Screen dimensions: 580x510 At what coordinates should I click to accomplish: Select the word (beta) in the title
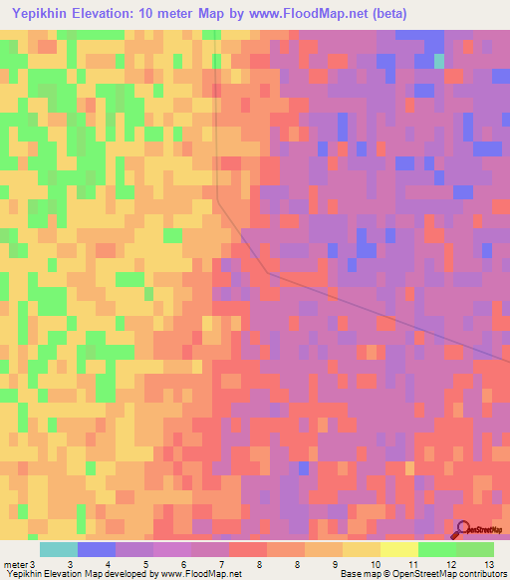[x=385, y=12]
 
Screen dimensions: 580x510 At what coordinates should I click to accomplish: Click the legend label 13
[x=488, y=564]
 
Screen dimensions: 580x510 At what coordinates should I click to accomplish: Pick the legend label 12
[x=450, y=564]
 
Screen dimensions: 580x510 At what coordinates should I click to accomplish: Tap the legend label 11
[x=412, y=564]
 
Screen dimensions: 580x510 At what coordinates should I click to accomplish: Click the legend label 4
[x=108, y=564]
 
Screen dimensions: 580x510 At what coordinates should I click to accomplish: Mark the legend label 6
[x=183, y=564]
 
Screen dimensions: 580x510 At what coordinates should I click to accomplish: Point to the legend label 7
[x=221, y=564]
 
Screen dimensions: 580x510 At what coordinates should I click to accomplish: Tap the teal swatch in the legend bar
[x=59, y=549]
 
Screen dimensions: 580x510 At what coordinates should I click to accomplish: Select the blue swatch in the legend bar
[x=97, y=549]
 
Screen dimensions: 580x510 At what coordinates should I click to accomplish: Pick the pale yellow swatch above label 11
[x=399, y=549]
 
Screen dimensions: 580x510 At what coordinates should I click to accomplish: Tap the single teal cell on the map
[x=439, y=61]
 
